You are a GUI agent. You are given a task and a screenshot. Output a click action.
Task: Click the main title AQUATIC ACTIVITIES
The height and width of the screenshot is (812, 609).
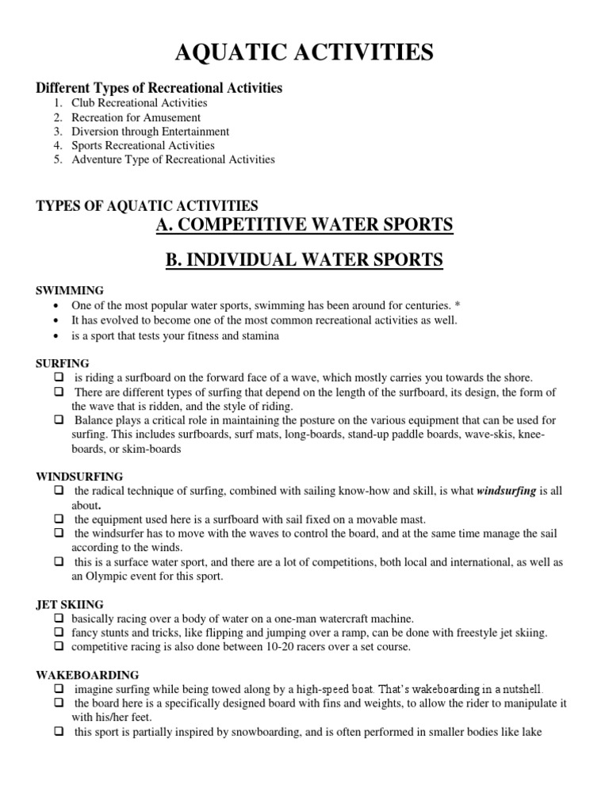coord(304,53)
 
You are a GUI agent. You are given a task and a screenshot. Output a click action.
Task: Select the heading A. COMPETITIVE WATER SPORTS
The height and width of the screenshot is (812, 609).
coord(304,225)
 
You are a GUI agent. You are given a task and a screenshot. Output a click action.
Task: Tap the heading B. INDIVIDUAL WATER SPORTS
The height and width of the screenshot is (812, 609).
coord(304,260)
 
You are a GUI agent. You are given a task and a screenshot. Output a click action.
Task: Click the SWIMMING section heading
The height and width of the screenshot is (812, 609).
coord(70,290)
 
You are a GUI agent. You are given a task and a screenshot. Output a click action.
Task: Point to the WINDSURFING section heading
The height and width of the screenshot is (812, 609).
coord(79,477)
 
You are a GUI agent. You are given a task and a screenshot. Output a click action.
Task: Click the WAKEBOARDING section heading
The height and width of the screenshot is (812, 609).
coord(87,675)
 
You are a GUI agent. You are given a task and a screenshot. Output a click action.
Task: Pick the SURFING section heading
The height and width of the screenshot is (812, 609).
coord(63,362)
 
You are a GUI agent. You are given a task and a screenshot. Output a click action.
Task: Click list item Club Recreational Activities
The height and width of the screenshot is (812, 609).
coord(139,103)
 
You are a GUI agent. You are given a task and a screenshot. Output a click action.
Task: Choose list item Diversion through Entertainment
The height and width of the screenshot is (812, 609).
coord(150,132)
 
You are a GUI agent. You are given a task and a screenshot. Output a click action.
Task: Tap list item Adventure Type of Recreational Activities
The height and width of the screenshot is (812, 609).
coord(173,159)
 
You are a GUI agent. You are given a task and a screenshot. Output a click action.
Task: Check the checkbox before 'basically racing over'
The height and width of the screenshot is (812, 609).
coord(59,618)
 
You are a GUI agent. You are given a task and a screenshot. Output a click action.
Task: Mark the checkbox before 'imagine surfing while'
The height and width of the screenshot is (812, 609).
coord(59,688)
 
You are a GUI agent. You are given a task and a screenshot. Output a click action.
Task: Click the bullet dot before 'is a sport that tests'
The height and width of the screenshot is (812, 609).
coord(54,335)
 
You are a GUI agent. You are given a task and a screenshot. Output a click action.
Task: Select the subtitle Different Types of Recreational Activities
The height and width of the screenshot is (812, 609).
coord(159,87)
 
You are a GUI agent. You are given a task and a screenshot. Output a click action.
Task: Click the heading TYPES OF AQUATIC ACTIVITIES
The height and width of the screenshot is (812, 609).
coord(147,206)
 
